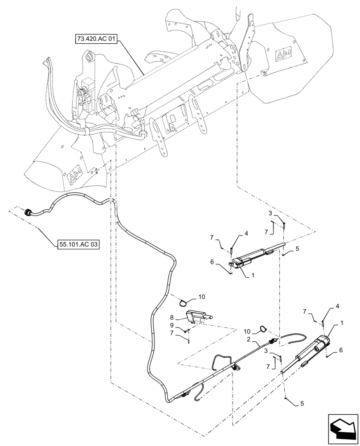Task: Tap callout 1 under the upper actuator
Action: [253, 276]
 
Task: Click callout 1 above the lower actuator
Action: [329, 322]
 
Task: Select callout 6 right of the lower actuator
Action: [341, 351]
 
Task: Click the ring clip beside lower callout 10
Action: [263, 330]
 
